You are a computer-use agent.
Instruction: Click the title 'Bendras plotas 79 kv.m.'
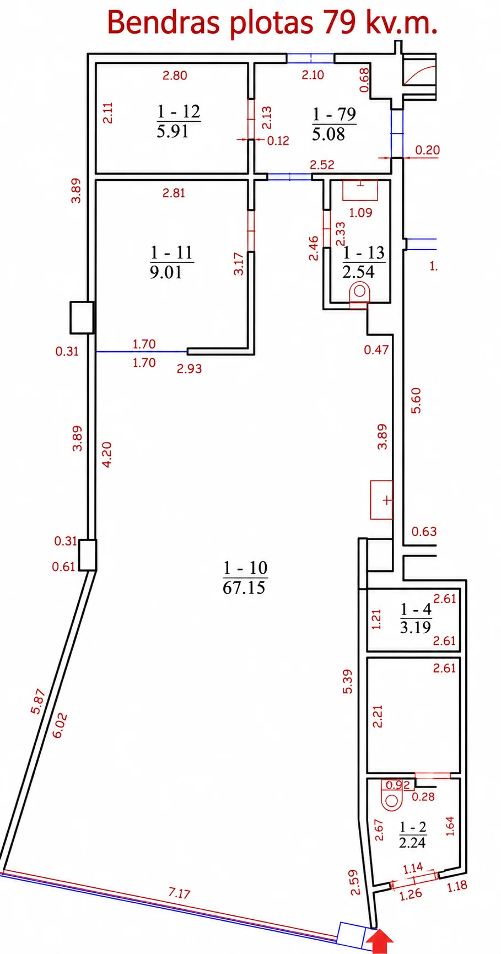point(272,23)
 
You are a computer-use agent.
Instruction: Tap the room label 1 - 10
point(245,568)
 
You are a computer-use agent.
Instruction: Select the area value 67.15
point(244,588)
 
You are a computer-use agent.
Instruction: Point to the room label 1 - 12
point(179,112)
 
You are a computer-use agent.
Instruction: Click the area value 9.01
point(165,272)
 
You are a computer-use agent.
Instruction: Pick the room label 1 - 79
point(334,115)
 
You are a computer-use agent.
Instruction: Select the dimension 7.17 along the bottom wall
point(180,893)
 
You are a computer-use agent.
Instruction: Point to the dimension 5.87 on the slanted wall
point(38,702)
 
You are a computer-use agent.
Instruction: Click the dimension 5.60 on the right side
point(416,401)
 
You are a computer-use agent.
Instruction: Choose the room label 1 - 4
point(416,610)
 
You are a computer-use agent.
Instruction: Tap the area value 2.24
point(413,842)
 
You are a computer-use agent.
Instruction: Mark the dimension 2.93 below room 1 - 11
point(189,369)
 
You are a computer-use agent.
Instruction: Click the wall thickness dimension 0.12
point(278,141)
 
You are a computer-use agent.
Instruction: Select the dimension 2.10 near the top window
point(313,75)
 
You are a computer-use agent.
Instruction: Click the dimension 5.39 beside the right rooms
point(347,681)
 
